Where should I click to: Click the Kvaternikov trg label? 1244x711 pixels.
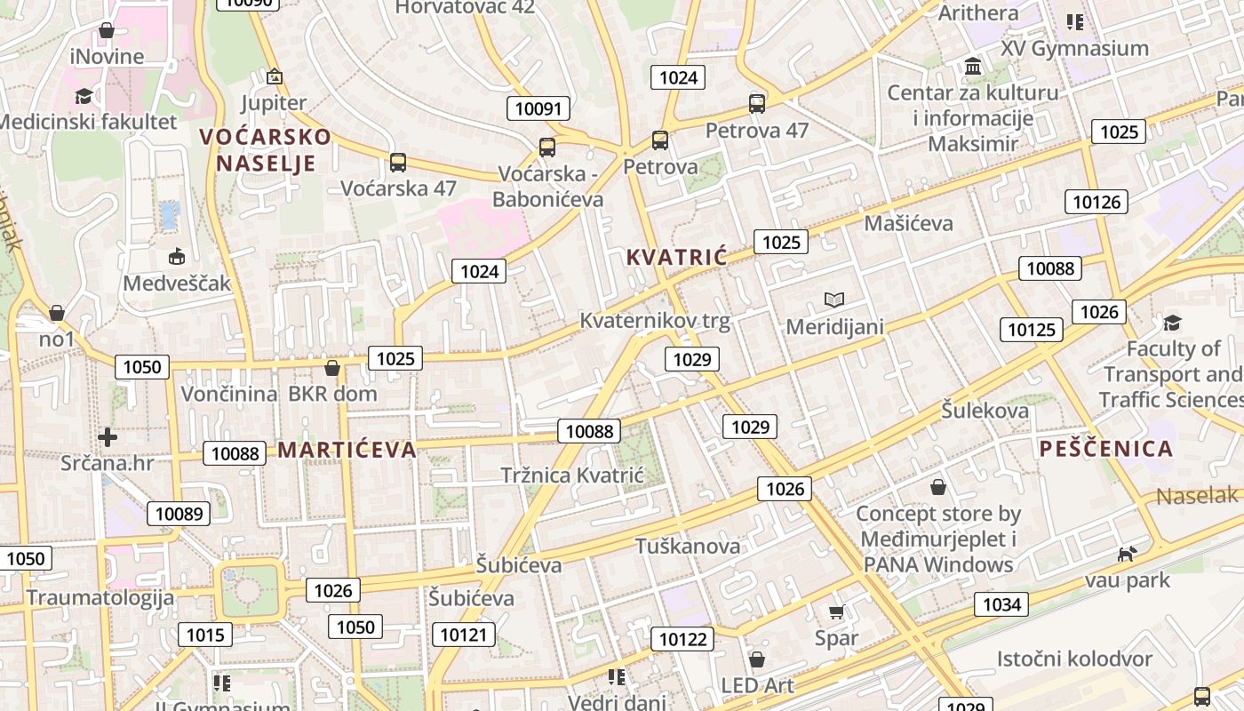click(x=654, y=321)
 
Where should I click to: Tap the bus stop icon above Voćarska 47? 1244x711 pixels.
click(x=397, y=163)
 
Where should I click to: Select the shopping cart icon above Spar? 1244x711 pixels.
click(x=835, y=612)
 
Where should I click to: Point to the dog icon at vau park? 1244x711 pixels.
click(x=1128, y=555)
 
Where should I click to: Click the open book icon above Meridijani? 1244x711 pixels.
click(x=833, y=300)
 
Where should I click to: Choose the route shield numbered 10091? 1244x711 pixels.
click(x=538, y=108)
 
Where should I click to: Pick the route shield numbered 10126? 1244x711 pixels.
click(x=1096, y=202)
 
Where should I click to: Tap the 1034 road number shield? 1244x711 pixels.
click(x=1001, y=605)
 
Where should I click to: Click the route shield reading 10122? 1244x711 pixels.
click(x=682, y=638)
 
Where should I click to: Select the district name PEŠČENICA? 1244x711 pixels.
click(x=1106, y=449)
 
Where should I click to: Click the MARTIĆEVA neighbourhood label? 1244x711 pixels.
click(x=347, y=450)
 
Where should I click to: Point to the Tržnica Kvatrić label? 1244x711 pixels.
click(x=571, y=475)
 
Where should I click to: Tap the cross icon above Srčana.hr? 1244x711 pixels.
click(x=108, y=437)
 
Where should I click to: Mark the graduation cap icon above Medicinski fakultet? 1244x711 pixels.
click(x=84, y=96)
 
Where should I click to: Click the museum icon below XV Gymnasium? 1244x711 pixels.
click(x=973, y=67)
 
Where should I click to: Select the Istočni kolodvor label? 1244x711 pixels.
click(x=1073, y=659)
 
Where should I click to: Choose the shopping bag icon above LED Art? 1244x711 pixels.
click(x=756, y=659)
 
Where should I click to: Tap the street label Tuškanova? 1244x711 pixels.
click(x=687, y=546)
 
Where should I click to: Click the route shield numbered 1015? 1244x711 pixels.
click(x=205, y=635)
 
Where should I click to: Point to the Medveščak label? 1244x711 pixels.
click(x=177, y=284)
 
